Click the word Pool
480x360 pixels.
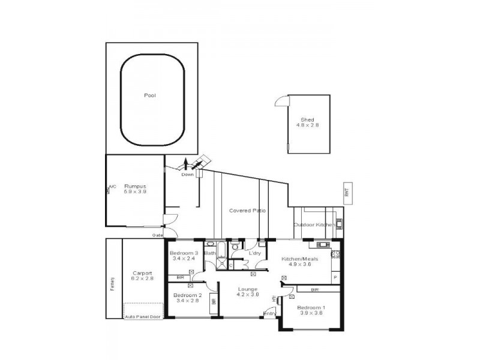(x=150, y=95)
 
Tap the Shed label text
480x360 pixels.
(x=307, y=119)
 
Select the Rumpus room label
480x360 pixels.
(x=134, y=187)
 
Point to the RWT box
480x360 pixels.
(x=346, y=193)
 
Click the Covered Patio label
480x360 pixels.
(x=248, y=211)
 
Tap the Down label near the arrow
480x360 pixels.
(x=188, y=175)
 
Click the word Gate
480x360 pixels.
(x=158, y=235)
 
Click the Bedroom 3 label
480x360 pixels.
(x=184, y=253)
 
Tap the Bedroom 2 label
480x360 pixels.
(x=187, y=296)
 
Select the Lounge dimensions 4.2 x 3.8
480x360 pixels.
(x=247, y=295)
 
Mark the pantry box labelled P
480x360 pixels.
(x=335, y=277)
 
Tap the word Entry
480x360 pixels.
(x=269, y=313)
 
